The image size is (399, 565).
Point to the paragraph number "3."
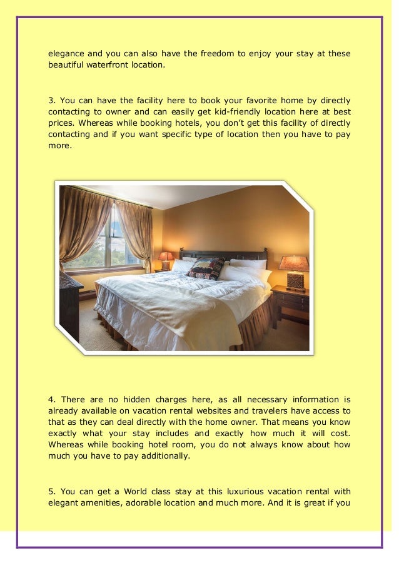click(x=52, y=101)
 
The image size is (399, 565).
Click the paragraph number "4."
click(x=53, y=400)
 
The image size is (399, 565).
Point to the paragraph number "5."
click(x=52, y=491)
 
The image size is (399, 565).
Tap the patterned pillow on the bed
click(x=206, y=267)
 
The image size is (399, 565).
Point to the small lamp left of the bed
click(x=166, y=259)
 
